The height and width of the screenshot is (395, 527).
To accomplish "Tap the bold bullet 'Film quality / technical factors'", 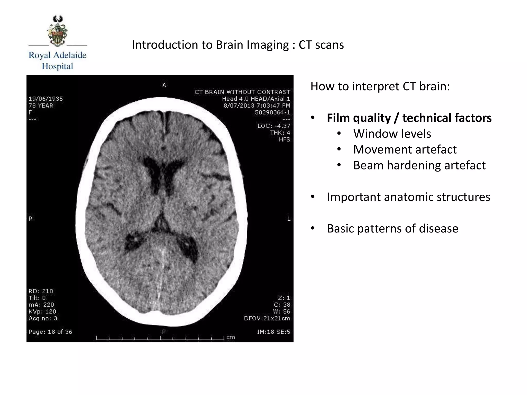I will pyautogui.click(x=409, y=118).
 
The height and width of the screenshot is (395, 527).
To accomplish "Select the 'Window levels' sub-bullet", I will pyautogui.click(x=392, y=134).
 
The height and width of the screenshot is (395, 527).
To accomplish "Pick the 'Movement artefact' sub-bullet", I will pyautogui.click(x=405, y=150).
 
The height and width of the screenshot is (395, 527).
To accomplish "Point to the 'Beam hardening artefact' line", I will pyautogui.click(x=419, y=165).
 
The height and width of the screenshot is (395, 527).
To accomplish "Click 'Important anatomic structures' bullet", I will pyautogui.click(x=408, y=197).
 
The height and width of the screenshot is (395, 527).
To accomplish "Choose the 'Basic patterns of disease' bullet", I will pyautogui.click(x=392, y=229).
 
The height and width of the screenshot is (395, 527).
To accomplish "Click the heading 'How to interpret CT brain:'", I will pyautogui.click(x=380, y=86).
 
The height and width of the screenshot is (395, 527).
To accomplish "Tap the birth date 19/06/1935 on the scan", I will pyautogui.click(x=46, y=99).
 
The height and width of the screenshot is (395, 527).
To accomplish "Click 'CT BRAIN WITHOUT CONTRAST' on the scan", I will pyautogui.click(x=242, y=92).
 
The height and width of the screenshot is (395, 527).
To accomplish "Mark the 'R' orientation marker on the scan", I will pyautogui.click(x=30, y=219).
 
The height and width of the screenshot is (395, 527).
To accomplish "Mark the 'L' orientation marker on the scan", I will pyautogui.click(x=289, y=219).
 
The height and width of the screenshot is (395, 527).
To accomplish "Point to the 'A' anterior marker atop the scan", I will pyautogui.click(x=164, y=85).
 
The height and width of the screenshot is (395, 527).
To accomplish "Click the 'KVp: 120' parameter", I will pyautogui.click(x=42, y=311).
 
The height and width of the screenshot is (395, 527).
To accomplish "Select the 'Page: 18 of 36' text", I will pyautogui.click(x=50, y=332).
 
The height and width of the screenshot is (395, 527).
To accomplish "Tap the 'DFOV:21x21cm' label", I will pyautogui.click(x=267, y=318).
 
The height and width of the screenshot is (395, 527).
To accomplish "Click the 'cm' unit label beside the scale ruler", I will pyautogui.click(x=231, y=337).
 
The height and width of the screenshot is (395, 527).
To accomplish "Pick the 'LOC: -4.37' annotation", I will pyautogui.click(x=274, y=126).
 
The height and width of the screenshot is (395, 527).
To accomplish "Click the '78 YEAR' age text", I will pyautogui.click(x=41, y=106).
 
